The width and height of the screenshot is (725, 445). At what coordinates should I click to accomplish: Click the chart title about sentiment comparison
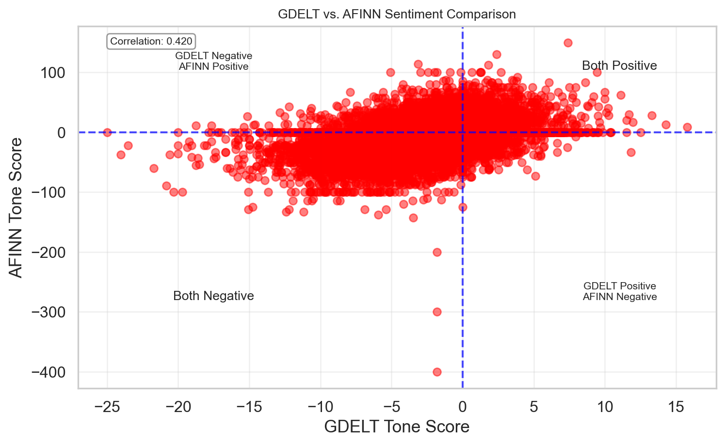[x=397, y=15]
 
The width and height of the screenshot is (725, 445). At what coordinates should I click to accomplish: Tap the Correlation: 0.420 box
[x=151, y=42]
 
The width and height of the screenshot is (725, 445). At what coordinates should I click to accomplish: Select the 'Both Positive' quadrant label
[x=619, y=66]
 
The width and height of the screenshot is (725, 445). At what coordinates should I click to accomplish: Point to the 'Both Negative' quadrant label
[x=213, y=296]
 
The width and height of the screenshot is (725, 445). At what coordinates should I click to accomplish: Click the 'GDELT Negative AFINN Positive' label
[x=213, y=62]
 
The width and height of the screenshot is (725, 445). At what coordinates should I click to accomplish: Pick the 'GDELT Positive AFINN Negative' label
[x=620, y=292]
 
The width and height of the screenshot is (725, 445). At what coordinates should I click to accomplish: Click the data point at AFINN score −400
[x=437, y=372]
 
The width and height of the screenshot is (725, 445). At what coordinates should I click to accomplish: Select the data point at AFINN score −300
[x=437, y=312]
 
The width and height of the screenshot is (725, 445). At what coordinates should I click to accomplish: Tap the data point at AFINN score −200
[x=437, y=252]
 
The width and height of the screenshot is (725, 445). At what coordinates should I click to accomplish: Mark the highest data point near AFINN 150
[x=568, y=43]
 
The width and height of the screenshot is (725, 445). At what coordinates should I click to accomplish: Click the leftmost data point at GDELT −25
[x=107, y=132]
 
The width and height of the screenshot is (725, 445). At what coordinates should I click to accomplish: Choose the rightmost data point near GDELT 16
[x=687, y=127]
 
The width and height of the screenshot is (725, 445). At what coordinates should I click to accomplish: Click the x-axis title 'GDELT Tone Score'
[x=397, y=427]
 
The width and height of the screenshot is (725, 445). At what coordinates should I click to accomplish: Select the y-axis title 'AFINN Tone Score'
[x=16, y=207]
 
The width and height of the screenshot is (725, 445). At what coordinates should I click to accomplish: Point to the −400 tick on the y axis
[x=48, y=372]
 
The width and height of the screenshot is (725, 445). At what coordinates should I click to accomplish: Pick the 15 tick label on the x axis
[x=676, y=407]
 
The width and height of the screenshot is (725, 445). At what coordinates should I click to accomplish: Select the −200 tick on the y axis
[x=48, y=253]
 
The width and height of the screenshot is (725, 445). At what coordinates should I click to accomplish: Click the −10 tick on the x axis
[x=320, y=407]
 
